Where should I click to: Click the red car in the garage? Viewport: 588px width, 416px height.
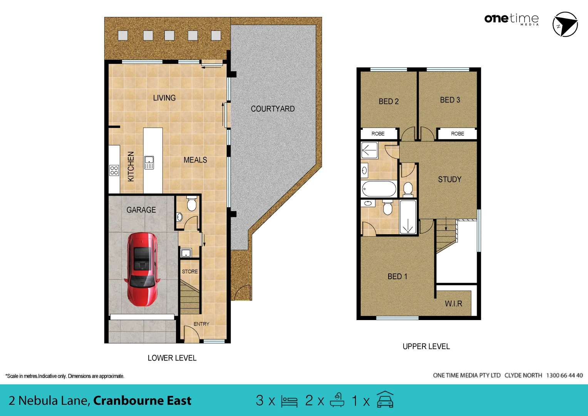[x=142, y=269]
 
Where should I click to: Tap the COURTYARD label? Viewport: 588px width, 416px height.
[x=273, y=109]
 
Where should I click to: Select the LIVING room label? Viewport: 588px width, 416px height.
[x=164, y=98]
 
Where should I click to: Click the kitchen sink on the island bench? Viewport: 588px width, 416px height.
[x=149, y=163]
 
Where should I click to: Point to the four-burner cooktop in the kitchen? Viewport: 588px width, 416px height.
[x=114, y=170]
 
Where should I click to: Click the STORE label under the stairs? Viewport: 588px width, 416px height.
[x=190, y=272]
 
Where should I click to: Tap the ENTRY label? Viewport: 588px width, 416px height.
[x=201, y=324]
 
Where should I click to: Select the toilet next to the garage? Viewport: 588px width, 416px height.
[x=191, y=204]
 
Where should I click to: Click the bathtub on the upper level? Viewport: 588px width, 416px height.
[x=379, y=189]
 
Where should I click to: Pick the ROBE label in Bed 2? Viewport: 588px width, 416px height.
[x=378, y=134]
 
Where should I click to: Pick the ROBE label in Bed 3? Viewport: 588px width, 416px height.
[x=457, y=134]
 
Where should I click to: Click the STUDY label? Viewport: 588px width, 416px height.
[x=449, y=179]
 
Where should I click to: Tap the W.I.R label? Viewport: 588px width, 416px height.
[x=453, y=304]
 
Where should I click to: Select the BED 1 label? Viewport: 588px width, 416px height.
[x=397, y=277]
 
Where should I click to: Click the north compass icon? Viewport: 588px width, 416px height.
[x=565, y=24]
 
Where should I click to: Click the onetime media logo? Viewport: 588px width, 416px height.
[x=511, y=19]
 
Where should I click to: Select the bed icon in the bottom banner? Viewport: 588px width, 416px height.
[x=289, y=401]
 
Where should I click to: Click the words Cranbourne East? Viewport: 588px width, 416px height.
[x=142, y=401]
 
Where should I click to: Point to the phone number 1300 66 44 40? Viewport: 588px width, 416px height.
[x=564, y=375]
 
